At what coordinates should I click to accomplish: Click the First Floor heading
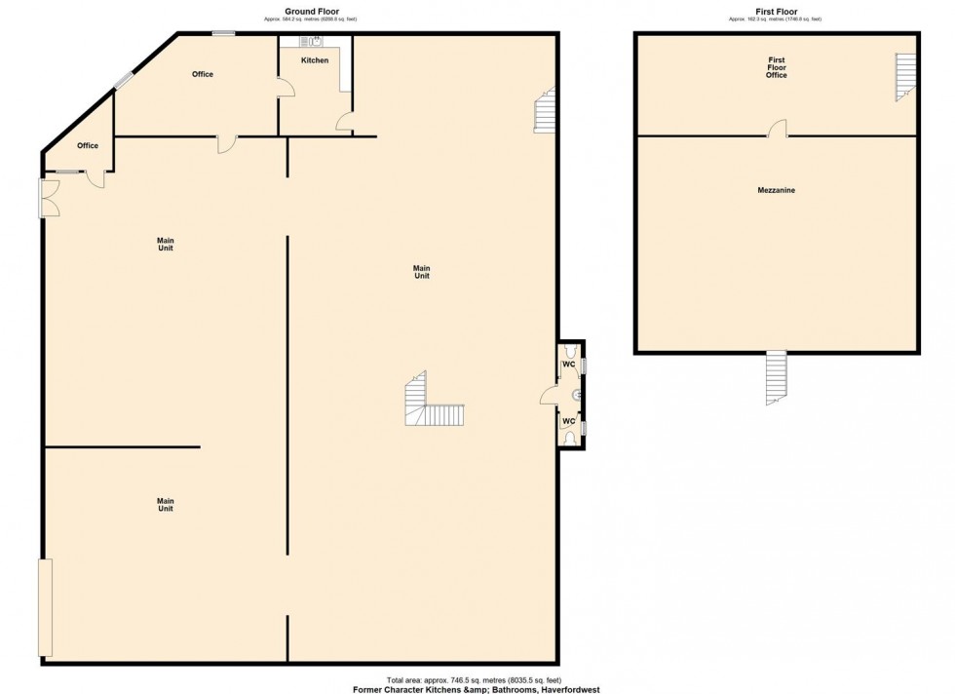click(x=776, y=12)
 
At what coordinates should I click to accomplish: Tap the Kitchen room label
click(x=315, y=60)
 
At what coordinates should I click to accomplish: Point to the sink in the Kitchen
click(x=315, y=41)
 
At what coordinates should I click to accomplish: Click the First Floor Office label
click(x=776, y=67)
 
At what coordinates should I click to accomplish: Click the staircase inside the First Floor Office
click(x=906, y=77)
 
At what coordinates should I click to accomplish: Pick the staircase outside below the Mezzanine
click(x=776, y=377)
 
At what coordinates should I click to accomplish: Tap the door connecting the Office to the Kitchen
click(x=285, y=90)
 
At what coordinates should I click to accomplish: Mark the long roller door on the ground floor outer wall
click(x=44, y=607)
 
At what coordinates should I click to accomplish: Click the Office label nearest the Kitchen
click(x=202, y=74)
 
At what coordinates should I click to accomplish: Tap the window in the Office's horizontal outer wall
click(x=224, y=34)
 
